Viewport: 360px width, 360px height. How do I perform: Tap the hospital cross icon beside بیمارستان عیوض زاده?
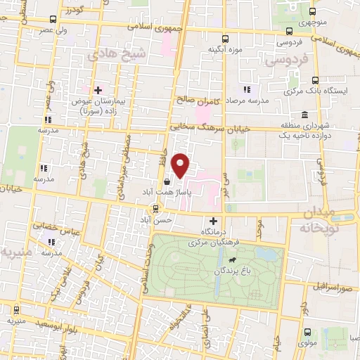click(x=98, y=90)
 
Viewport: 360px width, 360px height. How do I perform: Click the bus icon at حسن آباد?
click(x=156, y=208)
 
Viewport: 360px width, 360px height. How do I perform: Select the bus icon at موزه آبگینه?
click(x=225, y=39)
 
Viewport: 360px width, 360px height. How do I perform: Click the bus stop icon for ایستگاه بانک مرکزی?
click(x=314, y=80)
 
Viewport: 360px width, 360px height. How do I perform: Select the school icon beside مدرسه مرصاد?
click(x=246, y=89)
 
